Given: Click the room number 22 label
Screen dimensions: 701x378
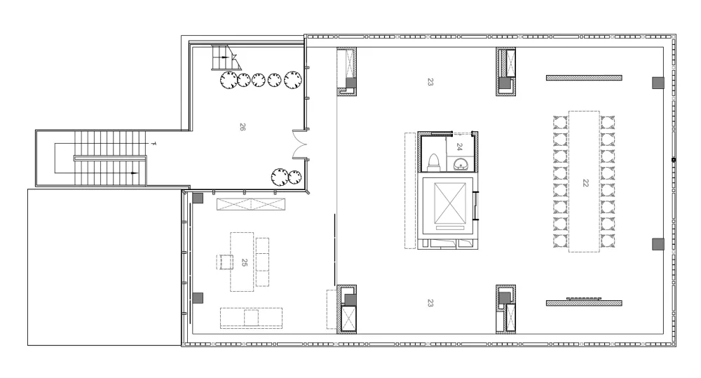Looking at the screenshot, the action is (585, 183).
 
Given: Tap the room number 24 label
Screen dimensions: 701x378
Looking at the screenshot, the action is (459, 147).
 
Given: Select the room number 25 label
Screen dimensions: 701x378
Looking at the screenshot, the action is (244, 262).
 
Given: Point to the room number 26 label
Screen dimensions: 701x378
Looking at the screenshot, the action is (243, 127).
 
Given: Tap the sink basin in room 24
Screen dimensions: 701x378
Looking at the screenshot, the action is (461, 165).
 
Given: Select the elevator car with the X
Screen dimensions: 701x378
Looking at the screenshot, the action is (450, 203).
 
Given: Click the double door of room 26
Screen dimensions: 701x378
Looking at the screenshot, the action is (299, 144).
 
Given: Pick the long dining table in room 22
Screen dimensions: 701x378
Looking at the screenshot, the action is (585, 181).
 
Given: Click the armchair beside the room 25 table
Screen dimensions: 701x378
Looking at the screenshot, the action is (226, 262).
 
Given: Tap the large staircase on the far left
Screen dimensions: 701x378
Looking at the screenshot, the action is (110, 158).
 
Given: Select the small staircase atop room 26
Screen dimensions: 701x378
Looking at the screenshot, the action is (226, 58).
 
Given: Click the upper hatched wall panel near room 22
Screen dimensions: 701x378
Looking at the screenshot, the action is (584, 78).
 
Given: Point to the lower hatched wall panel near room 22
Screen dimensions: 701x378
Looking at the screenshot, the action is (584, 303).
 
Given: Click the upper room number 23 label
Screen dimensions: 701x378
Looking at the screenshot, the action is (430, 82).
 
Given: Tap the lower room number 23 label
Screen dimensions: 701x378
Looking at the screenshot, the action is (430, 303).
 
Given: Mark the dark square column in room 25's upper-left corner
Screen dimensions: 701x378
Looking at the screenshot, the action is (198, 198).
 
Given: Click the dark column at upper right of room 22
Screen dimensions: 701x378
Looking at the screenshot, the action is (658, 83).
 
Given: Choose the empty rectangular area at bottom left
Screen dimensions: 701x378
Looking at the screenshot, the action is (104, 267).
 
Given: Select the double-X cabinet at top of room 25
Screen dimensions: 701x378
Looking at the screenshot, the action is (251, 205).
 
